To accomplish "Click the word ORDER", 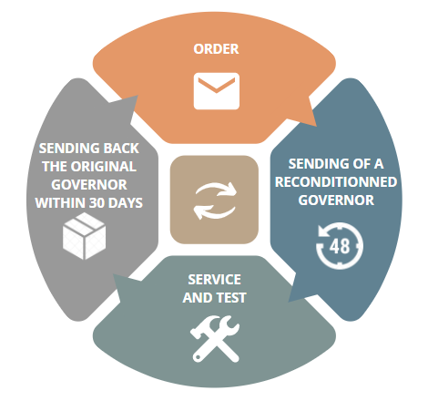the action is [216, 49].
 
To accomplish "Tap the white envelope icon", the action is [217, 91].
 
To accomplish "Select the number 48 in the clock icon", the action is [340, 246].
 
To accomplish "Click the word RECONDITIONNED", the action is [336, 182].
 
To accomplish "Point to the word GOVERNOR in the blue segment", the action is [336, 200].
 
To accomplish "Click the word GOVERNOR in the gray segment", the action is [89, 185].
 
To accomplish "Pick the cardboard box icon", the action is [84, 236].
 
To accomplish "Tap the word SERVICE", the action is [214, 280].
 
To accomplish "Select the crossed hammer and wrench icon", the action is [215, 339].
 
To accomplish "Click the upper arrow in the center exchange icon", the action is [216, 190].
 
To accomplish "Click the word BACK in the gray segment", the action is [121, 149].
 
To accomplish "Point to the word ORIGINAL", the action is [103, 167].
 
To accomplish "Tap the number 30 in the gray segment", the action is [97, 203].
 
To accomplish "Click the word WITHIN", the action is [61, 203].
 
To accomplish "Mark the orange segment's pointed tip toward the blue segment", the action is [316, 126].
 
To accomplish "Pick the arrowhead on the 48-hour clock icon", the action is [322, 231].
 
